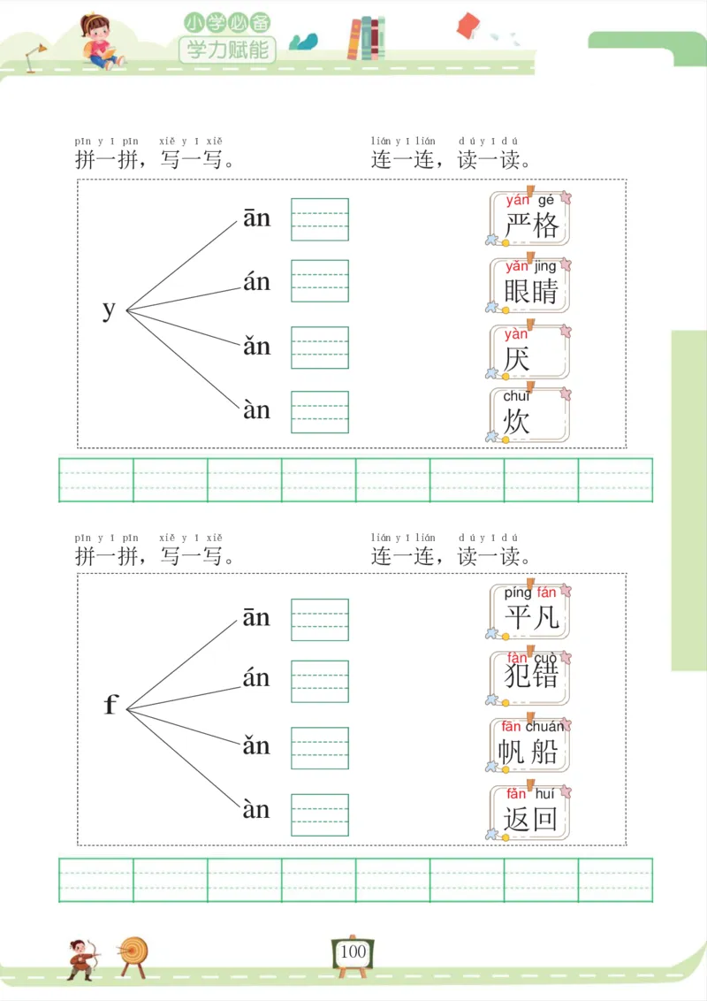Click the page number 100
[353, 951]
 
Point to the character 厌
[517, 358]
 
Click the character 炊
[517, 421]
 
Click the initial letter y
[109, 309]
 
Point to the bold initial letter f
[110, 705]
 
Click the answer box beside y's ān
[320, 219]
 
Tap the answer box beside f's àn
[320, 814]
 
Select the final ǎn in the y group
[257, 346]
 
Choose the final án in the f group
[256, 678]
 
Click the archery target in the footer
[134, 953]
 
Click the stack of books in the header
[366, 39]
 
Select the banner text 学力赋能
[228, 49]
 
